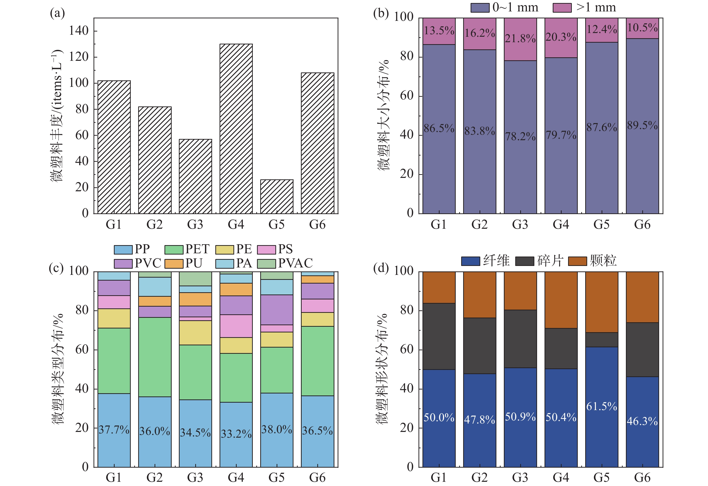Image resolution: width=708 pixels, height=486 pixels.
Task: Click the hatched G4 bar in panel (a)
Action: pyautogui.click(x=236, y=129)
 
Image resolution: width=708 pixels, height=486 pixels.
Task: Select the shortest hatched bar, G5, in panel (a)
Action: pyautogui.click(x=277, y=196)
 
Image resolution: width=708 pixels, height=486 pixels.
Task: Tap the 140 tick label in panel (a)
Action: pyautogui.click(x=79, y=31)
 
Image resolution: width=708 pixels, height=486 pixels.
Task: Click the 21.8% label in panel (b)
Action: pyautogui.click(x=520, y=39)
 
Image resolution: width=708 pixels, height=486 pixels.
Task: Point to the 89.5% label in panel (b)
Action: pyautogui.click(x=642, y=125)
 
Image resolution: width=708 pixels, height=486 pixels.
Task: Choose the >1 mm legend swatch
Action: pyautogui.click(x=562, y=8)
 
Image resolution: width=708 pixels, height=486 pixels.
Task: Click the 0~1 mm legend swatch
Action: pyautogui.click(x=480, y=8)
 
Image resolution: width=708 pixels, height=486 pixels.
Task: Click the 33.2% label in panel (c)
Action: pyautogui.click(x=236, y=434)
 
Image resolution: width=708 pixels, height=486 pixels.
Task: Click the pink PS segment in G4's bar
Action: pyautogui.click(x=236, y=326)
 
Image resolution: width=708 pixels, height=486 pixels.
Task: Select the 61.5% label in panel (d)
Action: pyautogui.click(x=601, y=406)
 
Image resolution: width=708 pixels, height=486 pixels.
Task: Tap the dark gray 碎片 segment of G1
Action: pyautogui.click(x=439, y=336)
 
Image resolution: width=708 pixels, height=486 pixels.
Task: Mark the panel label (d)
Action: pyautogui.click(x=381, y=268)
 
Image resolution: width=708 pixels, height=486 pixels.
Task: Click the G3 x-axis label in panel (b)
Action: pyautogui.click(x=520, y=225)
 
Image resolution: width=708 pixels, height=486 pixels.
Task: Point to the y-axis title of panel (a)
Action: pyautogui.click(x=57, y=116)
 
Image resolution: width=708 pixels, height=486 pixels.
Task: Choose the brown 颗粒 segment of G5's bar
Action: pyautogui.click(x=601, y=302)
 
